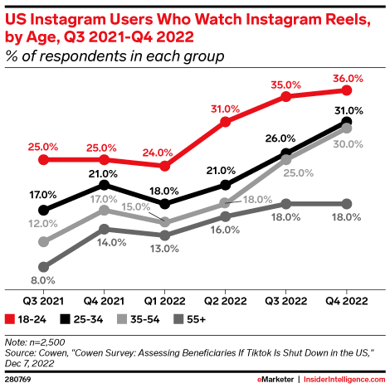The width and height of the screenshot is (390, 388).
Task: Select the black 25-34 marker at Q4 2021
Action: pyautogui.click(x=103, y=185)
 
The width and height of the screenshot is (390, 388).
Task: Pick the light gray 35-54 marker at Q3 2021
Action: pyautogui.click(x=42, y=242)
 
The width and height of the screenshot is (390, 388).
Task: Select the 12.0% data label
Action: pyautogui.click(x=37, y=224)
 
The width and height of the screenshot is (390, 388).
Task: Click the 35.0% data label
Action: pyautogui.click(x=286, y=83)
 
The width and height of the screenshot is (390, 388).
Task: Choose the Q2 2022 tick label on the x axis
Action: pyautogui.click(x=225, y=301)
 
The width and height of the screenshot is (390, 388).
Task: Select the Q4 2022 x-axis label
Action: pyautogui.click(x=348, y=301)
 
